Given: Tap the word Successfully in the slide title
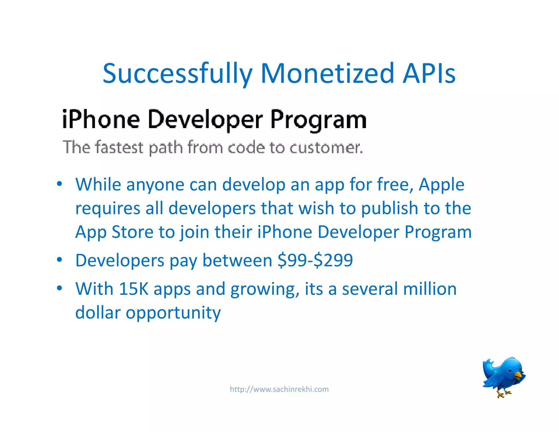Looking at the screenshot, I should [x=177, y=74].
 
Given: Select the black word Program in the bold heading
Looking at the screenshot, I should [x=318, y=120].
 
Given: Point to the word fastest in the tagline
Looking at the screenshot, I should [x=119, y=147].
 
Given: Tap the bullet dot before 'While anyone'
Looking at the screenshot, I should [x=59, y=184].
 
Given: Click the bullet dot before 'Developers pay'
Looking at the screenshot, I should [x=59, y=259].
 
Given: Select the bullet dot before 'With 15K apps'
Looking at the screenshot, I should [x=59, y=288].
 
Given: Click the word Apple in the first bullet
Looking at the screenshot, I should [x=441, y=185].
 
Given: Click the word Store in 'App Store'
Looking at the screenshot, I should [x=133, y=232].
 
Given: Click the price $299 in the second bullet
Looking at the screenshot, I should [x=333, y=260].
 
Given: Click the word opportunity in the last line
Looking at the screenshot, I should [x=173, y=313].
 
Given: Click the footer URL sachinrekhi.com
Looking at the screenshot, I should [x=279, y=389].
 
